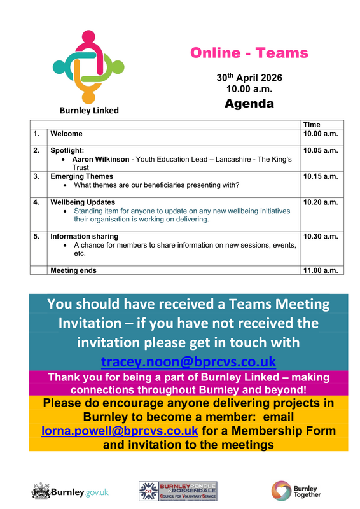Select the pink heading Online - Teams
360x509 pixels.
pyautogui.click(x=249, y=53)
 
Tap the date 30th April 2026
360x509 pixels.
pyautogui.click(x=249, y=78)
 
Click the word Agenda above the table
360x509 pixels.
pyautogui.click(x=249, y=103)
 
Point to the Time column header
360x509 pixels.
pyautogui.click(x=312, y=125)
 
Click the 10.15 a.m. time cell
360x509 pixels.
pyautogui.click(x=321, y=176)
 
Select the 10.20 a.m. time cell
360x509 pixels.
pyautogui.click(x=321, y=202)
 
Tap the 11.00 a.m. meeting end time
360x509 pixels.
pyautogui.click(x=321, y=270)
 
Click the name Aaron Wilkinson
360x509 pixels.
pyautogui.click(x=100, y=159)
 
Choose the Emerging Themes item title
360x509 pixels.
pyautogui.click(x=81, y=176)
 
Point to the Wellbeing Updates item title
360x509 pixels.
pyautogui.click(x=83, y=202)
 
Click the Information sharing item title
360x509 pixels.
pyautogui.click(x=84, y=236)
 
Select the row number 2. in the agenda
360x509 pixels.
pyautogui.click(x=37, y=150)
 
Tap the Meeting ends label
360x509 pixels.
pyautogui.click(x=73, y=270)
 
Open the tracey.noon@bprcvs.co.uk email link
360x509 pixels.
pyautogui.click(x=189, y=362)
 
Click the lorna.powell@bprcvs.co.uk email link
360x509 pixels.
pyautogui.click(x=120, y=432)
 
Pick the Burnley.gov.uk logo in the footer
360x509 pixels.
pyautogui.click(x=70, y=491)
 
